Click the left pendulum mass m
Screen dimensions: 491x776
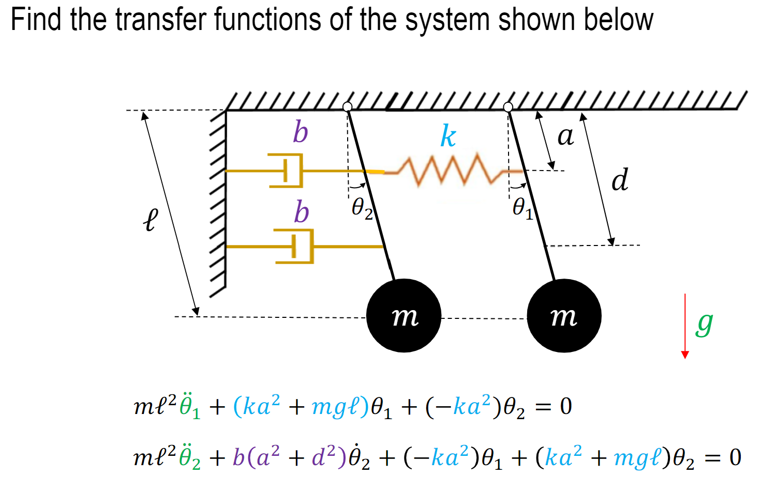404,316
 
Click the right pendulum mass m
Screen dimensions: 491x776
564,316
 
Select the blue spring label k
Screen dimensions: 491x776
448,136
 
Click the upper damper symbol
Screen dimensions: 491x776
287,170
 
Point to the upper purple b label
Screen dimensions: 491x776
301,132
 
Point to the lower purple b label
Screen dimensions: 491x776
302,212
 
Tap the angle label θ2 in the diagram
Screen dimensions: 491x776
362,209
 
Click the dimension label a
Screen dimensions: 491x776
565,136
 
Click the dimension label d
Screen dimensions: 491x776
619,180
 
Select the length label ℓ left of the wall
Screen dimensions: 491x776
150,220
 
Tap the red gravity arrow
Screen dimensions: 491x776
685,326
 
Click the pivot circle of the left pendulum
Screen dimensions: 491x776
348,106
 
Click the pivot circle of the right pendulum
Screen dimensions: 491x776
508,106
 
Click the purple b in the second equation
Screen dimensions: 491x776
238,457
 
